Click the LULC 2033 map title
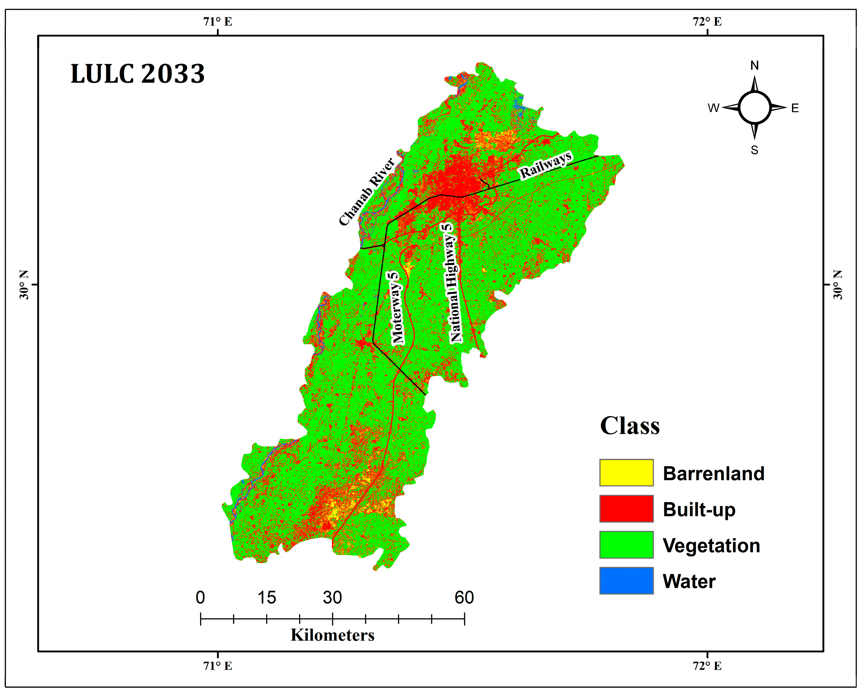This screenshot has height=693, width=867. point(138,74)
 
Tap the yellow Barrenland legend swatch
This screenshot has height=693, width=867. point(626,473)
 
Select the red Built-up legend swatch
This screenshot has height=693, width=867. point(626,509)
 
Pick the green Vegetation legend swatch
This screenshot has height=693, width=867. point(626,545)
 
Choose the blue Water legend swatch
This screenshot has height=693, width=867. point(626,580)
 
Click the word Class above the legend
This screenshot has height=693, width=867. point(629,426)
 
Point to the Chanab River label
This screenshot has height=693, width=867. point(367,192)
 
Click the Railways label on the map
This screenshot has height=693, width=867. point(546,165)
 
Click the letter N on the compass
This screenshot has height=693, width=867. point(754,65)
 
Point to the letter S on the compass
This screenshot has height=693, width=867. point(754,150)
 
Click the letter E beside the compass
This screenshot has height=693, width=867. point(795,108)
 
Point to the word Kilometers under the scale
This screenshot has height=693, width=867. point(332,635)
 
